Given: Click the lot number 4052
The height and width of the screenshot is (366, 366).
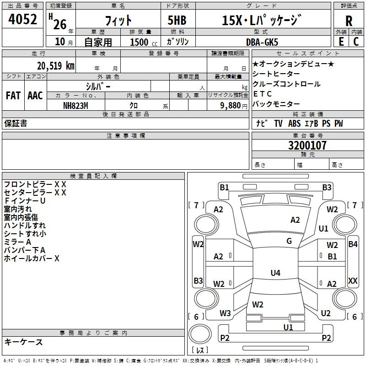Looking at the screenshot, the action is [x=22, y=19].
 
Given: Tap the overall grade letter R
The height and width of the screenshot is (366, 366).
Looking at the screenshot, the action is [x=349, y=21].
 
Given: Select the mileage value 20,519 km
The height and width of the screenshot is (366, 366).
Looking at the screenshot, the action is [x=55, y=66].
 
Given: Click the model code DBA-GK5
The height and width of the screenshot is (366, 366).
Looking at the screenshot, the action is [x=262, y=42].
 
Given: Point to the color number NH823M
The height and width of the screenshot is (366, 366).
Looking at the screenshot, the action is [x=75, y=106].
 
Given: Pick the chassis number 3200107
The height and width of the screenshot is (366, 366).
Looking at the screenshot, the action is [x=307, y=145].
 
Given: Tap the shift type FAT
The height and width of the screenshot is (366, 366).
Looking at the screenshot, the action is [x=13, y=96].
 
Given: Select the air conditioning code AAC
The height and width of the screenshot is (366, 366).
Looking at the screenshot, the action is [x=35, y=96].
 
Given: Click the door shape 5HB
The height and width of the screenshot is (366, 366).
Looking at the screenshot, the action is [x=177, y=20].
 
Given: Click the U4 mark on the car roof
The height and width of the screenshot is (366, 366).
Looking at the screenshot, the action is [x=275, y=273].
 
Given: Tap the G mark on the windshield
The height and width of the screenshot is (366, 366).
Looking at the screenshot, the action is [x=289, y=241].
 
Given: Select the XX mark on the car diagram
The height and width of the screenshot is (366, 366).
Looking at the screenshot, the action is [x=353, y=280].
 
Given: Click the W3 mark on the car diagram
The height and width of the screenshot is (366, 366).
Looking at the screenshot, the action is [x=225, y=313].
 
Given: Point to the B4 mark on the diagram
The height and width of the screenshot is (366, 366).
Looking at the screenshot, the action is [x=353, y=244].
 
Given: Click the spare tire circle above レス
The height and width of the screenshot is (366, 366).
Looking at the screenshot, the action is [x=200, y=334].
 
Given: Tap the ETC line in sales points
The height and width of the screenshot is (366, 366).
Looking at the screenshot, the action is [x=262, y=94].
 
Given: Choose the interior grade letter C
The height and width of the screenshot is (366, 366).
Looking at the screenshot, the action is [x=356, y=42].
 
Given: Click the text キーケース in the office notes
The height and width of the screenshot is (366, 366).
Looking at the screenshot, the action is [x=23, y=342].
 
